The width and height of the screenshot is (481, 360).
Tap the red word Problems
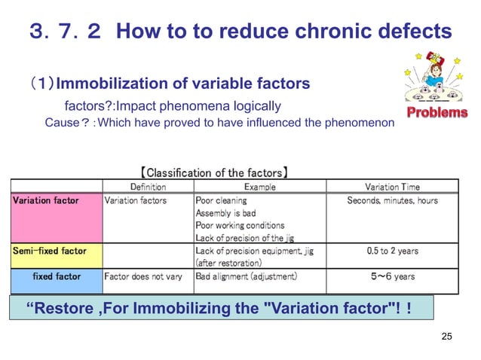pyautogui.click(x=437, y=112)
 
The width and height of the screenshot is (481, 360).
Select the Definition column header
pyautogui.click(x=148, y=187)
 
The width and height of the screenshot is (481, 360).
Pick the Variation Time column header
pyautogui.click(x=392, y=187)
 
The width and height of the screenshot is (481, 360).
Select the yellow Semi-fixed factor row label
pyautogui.click(x=49, y=251)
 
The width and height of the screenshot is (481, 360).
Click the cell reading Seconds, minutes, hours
pyautogui.click(x=392, y=200)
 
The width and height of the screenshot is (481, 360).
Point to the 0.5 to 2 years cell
pyautogui.click(x=392, y=251)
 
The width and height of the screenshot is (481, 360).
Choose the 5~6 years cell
pyautogui.click(x=392, y=276)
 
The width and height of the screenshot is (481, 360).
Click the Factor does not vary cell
pyautogui.click(x=143, y=276)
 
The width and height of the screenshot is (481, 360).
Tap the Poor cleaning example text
pyautogui.click(x=219, y=200)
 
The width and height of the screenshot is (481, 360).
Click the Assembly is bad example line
pyautogui.click(x=225, y=213)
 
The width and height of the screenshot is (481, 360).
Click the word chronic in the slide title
pyautogui.click(x=320, y=32)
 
